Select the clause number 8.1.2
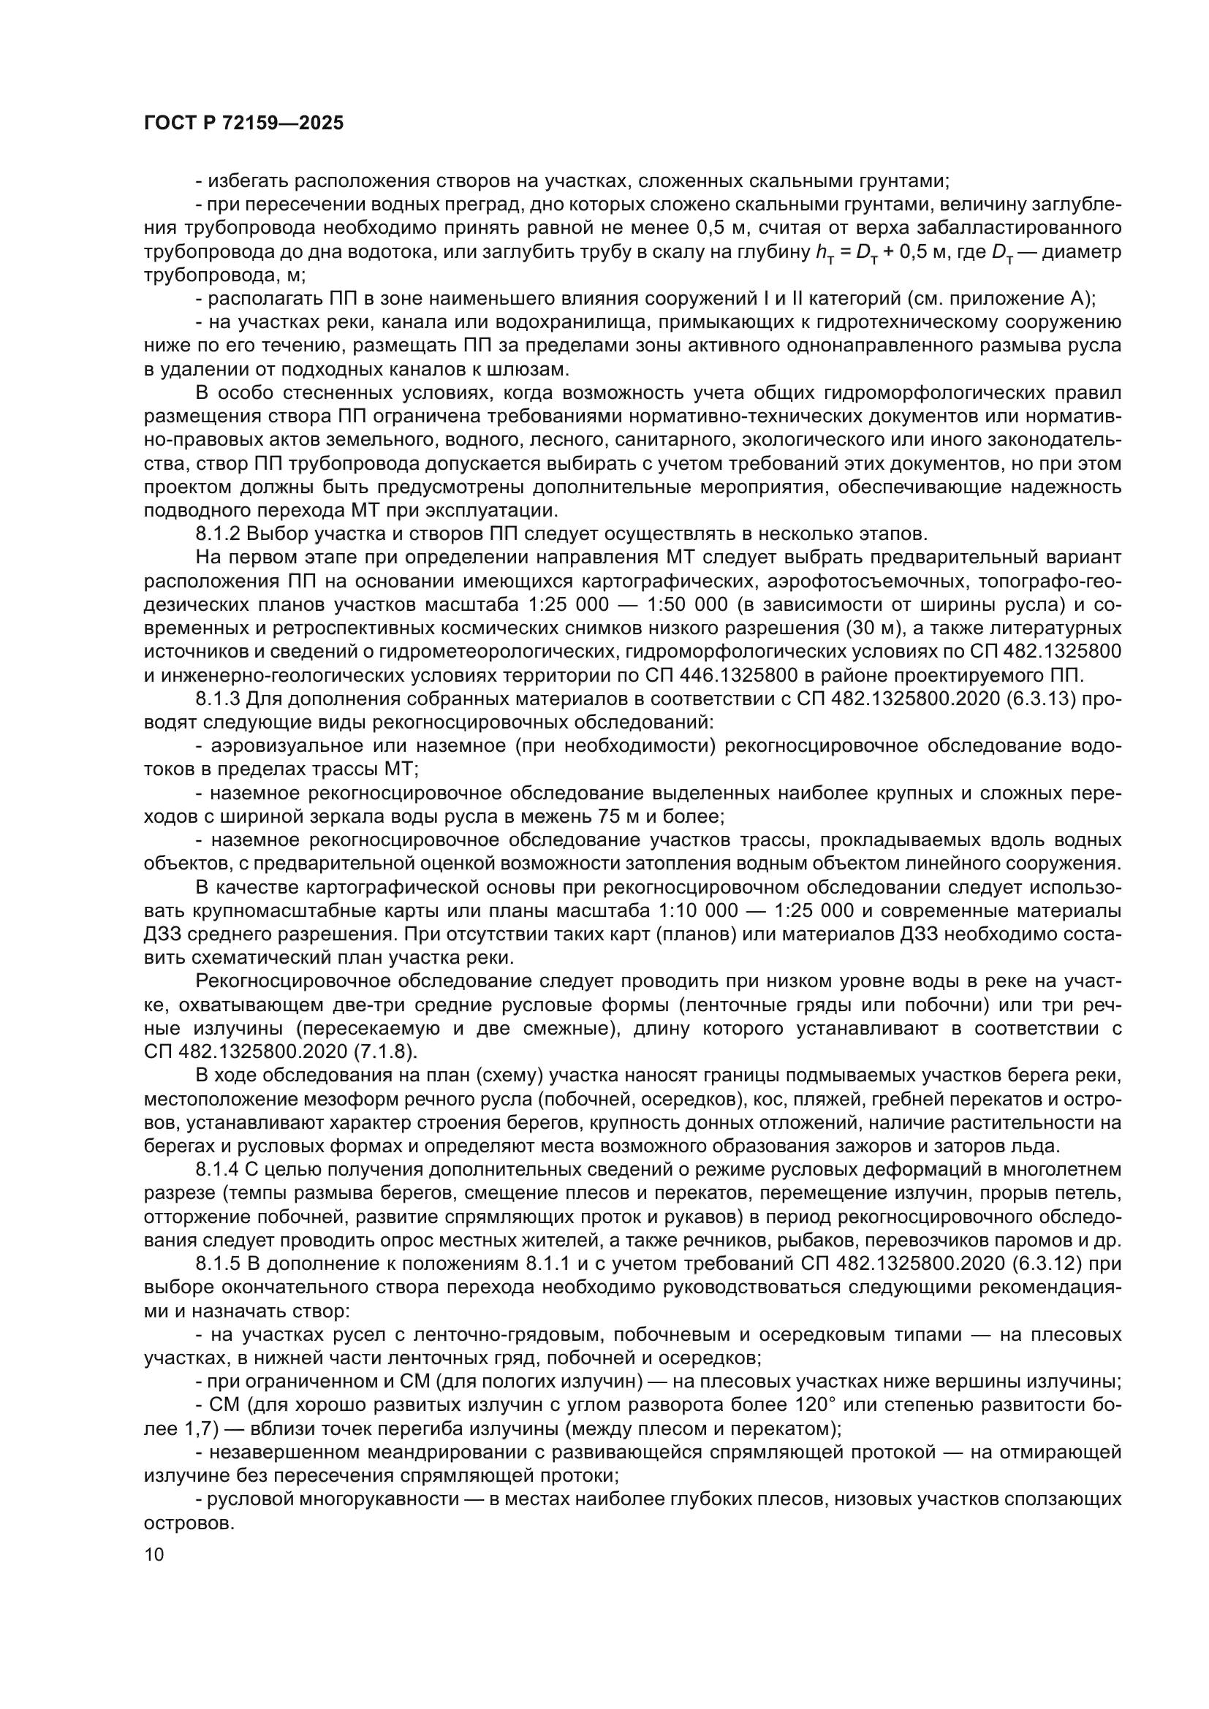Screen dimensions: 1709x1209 pos(217,533)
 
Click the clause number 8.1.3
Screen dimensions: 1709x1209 pos(217,699)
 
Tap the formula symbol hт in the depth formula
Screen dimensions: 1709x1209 pos(823,253)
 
